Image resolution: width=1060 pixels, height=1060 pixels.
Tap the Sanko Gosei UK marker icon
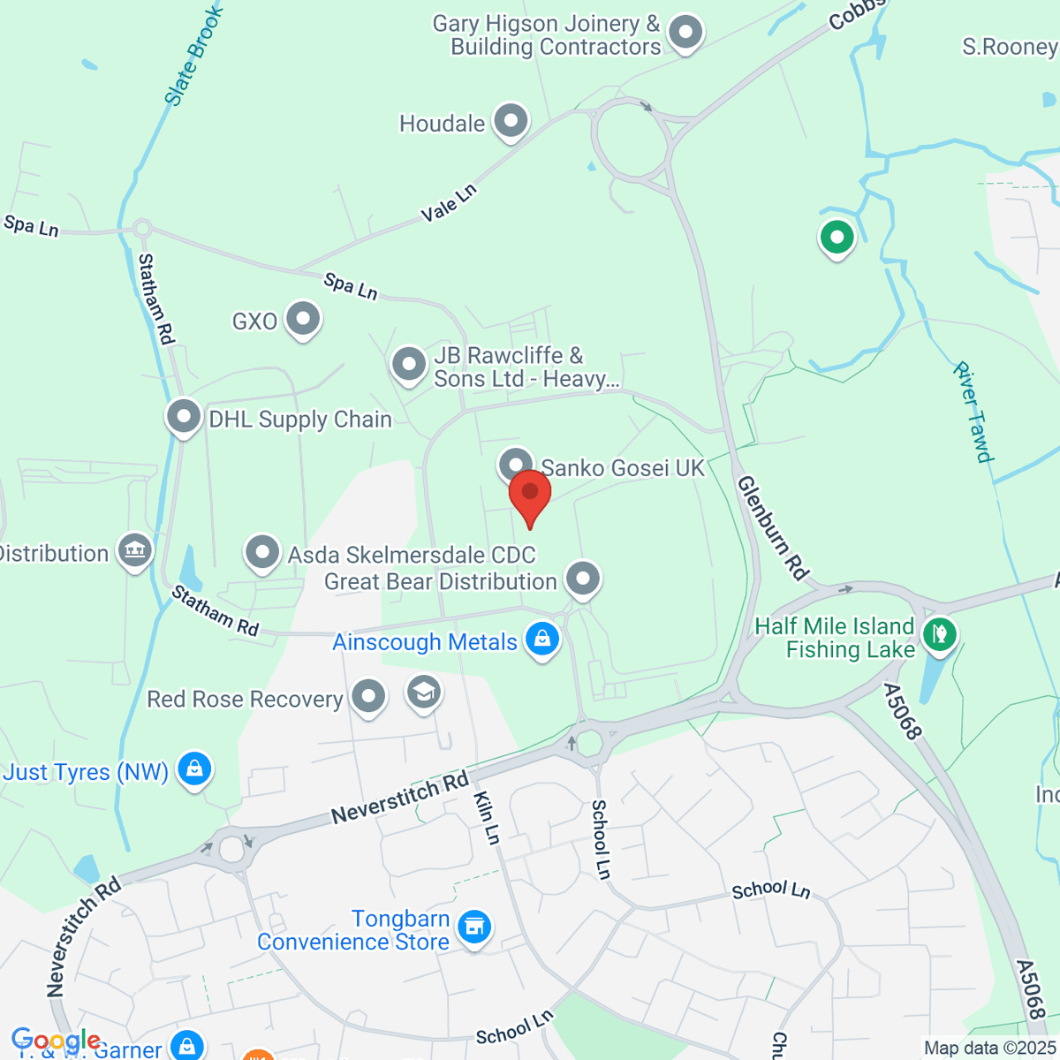coord(516,464)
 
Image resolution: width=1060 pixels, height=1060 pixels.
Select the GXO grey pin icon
coord(303,320)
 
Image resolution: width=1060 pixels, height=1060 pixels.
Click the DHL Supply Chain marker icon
coord(184,417)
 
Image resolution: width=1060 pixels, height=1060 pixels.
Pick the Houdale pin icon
coord(511,122)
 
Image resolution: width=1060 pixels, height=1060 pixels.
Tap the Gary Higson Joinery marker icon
coord(685,34)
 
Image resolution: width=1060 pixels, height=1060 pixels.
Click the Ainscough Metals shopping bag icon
coord(542,640)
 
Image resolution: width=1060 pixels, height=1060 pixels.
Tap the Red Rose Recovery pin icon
coord(368,697)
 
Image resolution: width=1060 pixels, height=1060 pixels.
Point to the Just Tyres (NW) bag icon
coord(194,770)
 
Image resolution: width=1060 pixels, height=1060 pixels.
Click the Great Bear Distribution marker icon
coord(583,579)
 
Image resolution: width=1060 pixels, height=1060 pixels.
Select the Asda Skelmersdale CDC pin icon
coord(262,553)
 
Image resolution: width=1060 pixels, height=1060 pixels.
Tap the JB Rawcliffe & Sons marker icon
coord(409,364)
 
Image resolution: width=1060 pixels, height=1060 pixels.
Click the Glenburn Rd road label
coord(773,527)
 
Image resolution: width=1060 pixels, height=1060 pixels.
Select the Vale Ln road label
coord(449,202)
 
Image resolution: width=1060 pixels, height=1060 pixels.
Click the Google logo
coord(55,1041)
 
